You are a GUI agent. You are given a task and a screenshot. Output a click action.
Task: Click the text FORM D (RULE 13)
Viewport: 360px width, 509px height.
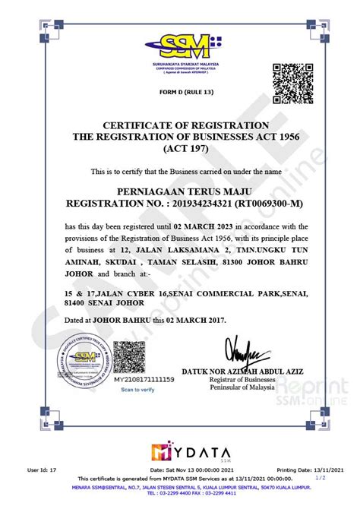[180, 92]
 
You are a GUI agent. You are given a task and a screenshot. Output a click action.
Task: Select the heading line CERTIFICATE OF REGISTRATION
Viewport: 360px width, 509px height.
[180, 125]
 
